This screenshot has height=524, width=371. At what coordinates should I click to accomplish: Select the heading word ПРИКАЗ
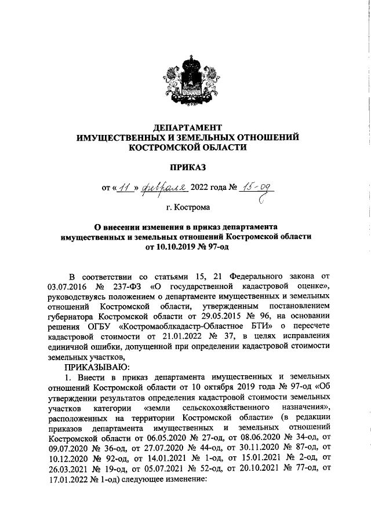185,167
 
